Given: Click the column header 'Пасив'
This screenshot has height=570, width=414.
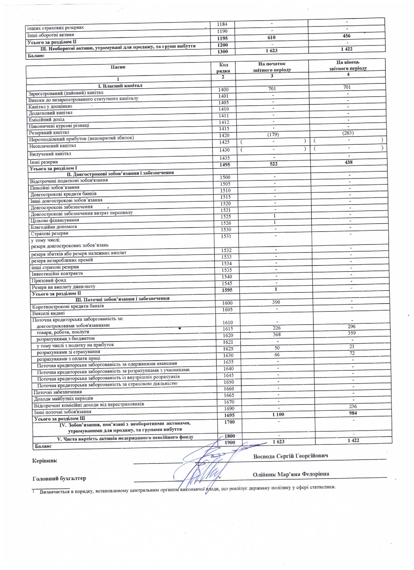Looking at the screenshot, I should click(118, 67).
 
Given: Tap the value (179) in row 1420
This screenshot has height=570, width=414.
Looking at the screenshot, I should click(273, 135).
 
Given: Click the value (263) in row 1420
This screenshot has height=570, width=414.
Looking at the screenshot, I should click(348, 133).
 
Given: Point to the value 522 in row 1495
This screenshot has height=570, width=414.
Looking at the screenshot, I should click(274, 164).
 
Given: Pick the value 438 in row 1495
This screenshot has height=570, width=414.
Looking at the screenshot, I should click(348, 162).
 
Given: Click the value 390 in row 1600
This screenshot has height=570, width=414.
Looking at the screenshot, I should click(276, 302).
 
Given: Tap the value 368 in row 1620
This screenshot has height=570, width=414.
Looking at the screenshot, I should click(276, 334).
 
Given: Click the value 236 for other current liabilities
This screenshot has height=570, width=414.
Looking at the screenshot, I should click(353, 406).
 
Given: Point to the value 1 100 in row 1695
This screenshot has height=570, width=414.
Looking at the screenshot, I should click(278, 414).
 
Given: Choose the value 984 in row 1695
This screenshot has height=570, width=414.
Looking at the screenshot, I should click(353, 413).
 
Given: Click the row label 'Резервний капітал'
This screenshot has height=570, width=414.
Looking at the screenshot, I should click(49, 132).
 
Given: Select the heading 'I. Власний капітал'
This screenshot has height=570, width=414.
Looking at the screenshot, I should click(120, 86).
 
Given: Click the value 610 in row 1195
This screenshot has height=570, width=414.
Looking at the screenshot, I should click(271, 37).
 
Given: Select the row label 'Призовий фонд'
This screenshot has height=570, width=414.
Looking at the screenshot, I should click(49, 280).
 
